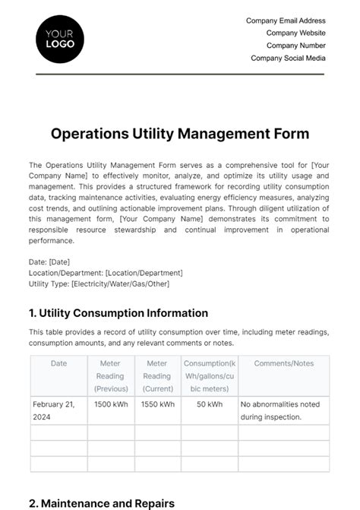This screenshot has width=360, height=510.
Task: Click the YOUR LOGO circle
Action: coord(60,39)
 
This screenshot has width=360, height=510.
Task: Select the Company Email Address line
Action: coord(286,21)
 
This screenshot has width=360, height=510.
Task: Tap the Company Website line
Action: coord(295,33)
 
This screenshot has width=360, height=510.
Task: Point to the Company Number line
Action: coord(295,46)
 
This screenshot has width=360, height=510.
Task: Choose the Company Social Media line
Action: coord(288,58)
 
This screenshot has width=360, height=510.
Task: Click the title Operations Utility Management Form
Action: coord(180,134)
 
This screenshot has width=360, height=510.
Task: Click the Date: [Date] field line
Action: coord(49,261)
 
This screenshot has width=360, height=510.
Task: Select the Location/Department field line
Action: coord(106,273)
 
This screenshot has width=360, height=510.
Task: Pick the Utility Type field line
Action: coord(99,284)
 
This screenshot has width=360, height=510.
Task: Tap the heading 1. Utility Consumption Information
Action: coord(118,312)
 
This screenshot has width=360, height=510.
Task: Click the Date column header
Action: coord(58,363)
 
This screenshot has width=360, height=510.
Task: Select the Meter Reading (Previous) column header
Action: coord(111,375)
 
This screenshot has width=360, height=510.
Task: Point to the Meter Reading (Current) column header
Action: coord(157,375)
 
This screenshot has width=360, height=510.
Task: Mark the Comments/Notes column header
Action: coord(283,363)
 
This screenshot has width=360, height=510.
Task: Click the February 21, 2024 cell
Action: coord(54,410)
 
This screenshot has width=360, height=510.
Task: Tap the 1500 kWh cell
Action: coord(111,404)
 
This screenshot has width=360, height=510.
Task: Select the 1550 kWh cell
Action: coord(157,404)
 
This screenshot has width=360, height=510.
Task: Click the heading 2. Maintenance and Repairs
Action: coord(102,503)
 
